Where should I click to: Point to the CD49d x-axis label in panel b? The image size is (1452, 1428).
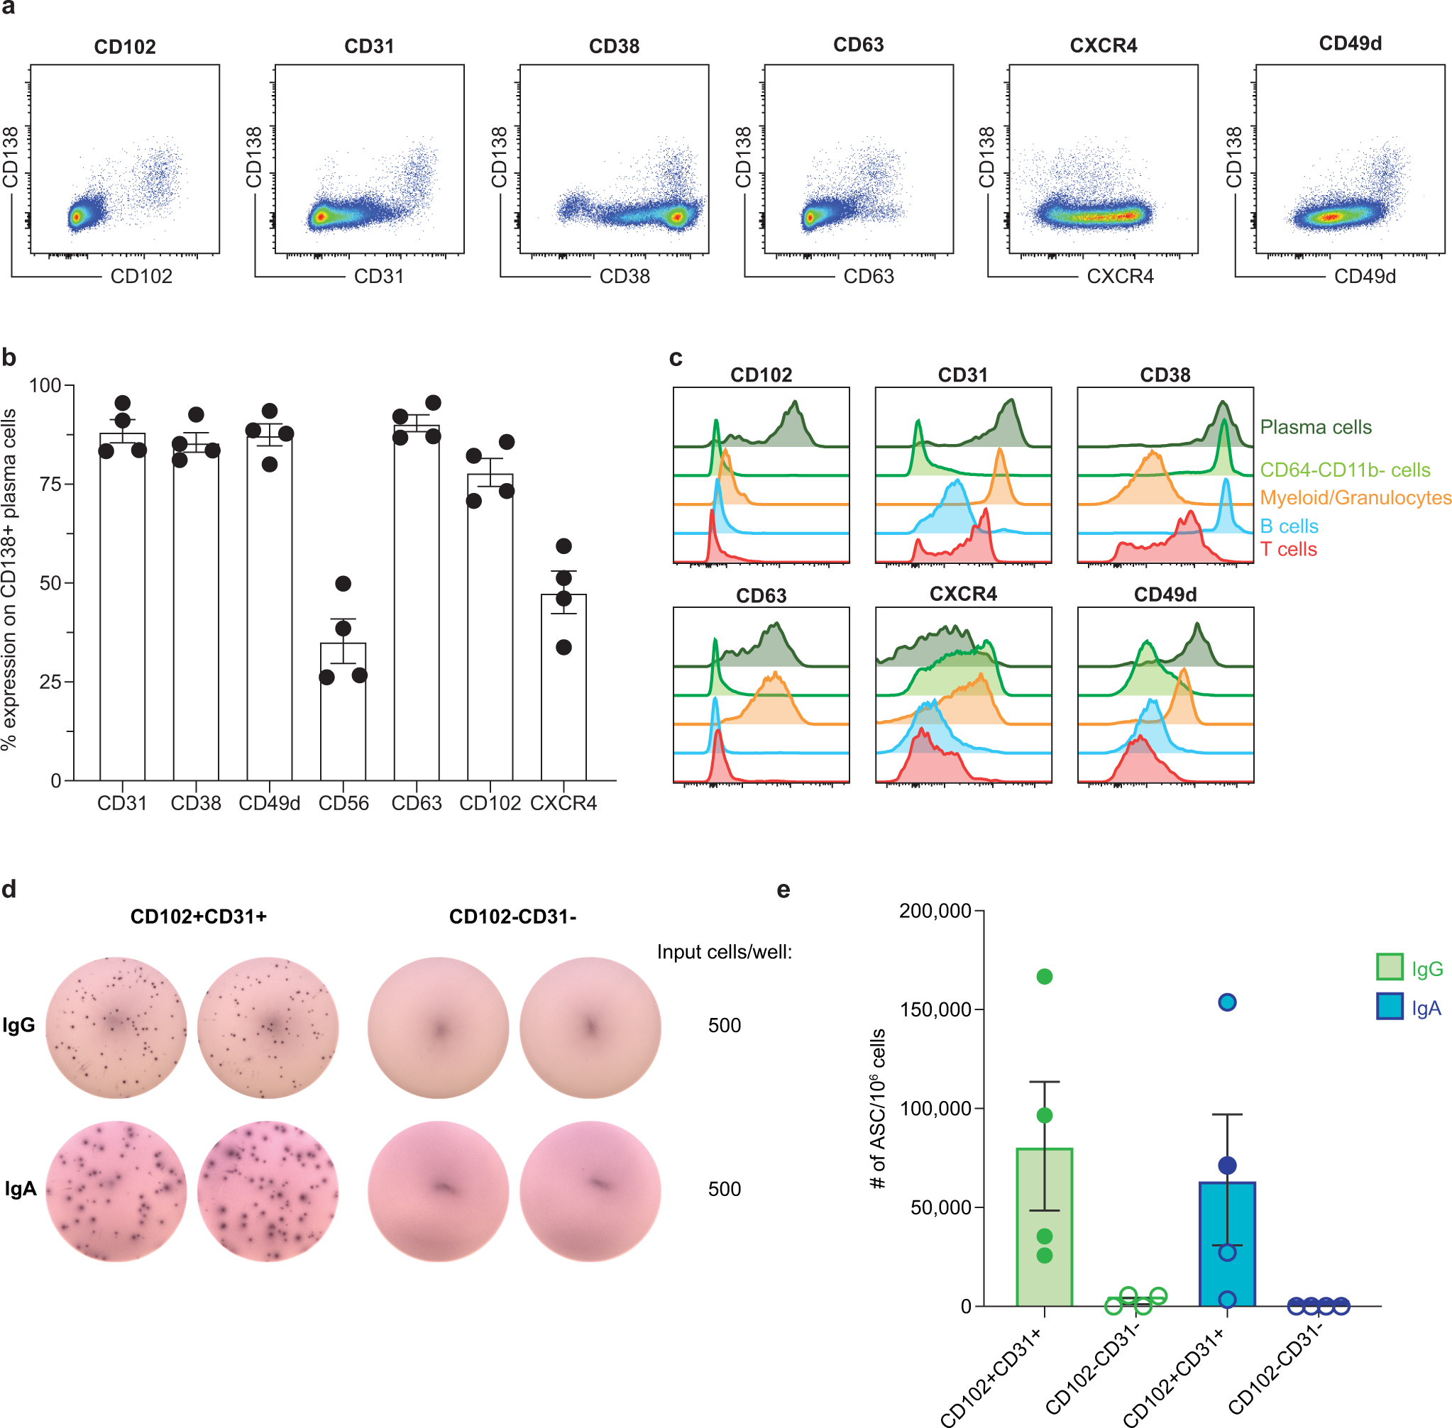[x=269, y=803]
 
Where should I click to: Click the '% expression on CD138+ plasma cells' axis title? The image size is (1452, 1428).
[x=10, y=579]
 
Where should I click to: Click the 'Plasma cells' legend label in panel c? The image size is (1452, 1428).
[x=1316, y=428]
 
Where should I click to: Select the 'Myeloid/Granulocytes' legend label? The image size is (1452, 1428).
[x=1355, y=498]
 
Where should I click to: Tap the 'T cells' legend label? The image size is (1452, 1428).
[x=1288, y=550]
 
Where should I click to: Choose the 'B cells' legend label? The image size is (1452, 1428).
[x=1289, y=526]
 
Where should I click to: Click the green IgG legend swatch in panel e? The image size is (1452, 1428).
[x=1390, y=967]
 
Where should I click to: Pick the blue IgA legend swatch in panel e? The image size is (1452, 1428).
[x=1390, y=1007]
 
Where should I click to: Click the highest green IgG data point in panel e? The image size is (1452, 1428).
[x=1045, y=977]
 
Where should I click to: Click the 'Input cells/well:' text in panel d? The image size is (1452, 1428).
[x=724, y=952]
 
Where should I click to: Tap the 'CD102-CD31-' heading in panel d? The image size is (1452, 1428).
[x=512, y=917]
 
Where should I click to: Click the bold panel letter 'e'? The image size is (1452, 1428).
[x=783, y=890]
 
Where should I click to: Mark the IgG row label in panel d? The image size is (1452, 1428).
[x=18, y=1025]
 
